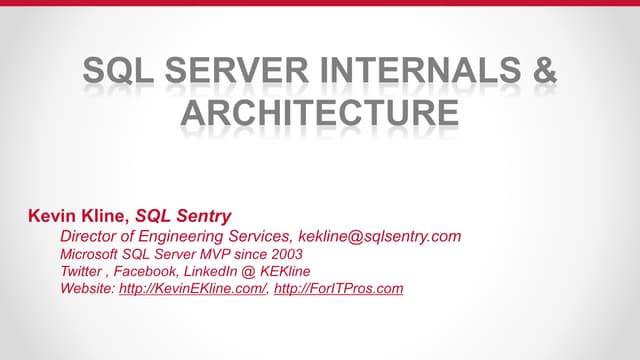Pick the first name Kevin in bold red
53,215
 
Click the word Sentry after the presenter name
204,215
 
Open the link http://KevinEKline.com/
193,289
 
